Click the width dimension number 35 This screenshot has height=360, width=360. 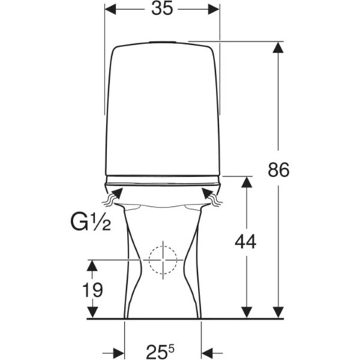(162, 9)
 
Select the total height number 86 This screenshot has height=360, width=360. (279, 170)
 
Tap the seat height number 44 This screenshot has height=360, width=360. (246, 242)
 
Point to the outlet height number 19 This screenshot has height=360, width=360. (93, 290)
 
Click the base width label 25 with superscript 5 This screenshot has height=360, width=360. (160, 351)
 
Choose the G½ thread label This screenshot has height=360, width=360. (91, 223)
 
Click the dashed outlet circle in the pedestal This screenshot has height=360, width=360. (163, 260)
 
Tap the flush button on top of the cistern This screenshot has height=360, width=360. (163, 42)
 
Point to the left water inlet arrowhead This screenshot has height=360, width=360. (118, 193)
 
